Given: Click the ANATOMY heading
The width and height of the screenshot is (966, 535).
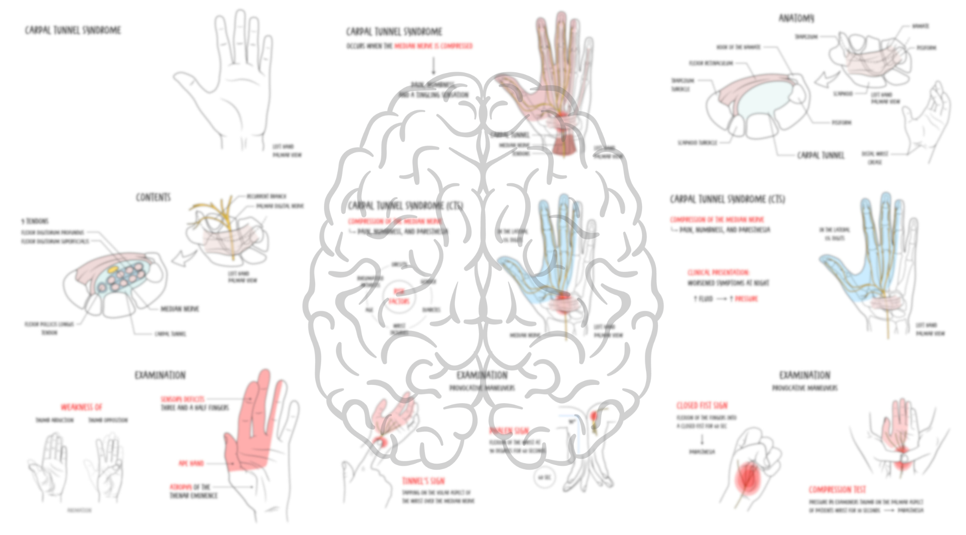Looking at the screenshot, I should (796, 18).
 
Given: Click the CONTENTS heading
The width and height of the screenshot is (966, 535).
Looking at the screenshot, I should (153, 197).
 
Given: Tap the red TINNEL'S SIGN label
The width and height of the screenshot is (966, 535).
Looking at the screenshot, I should (423, 481).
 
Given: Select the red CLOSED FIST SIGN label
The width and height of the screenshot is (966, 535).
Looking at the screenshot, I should (702, 405).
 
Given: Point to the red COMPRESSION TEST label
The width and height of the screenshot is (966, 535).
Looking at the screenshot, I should (837, 489).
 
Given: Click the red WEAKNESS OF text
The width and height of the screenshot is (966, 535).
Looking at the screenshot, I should (81, 407).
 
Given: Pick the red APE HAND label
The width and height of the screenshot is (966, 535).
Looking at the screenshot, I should (191, 463).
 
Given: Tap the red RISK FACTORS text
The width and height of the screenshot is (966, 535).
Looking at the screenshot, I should (399, 296).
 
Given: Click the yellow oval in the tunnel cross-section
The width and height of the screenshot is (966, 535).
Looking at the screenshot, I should (113, 270).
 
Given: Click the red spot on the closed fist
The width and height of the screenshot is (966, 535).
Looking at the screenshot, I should (748, 479).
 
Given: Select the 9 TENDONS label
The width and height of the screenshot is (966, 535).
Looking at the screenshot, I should (35, 221).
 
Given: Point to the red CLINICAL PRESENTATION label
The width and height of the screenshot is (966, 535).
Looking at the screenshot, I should (718, 272).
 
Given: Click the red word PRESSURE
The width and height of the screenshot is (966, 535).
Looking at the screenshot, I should (746, 299).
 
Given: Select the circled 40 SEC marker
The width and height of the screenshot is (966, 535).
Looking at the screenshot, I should (544, 478).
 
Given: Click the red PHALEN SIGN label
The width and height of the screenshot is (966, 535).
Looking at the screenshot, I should (508, 430).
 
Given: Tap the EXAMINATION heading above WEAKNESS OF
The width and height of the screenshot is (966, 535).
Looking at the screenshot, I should (160, 375).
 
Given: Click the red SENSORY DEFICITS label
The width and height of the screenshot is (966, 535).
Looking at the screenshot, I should (182, 399).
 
